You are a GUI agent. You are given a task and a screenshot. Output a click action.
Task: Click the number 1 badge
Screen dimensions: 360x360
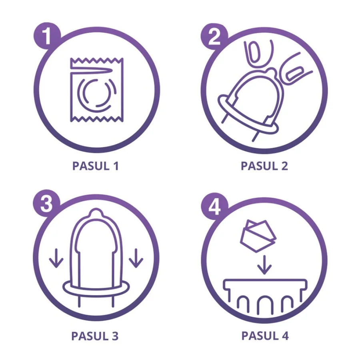[x=47, y=36]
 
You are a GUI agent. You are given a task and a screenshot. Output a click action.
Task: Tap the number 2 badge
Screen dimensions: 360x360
[x=214, y=37]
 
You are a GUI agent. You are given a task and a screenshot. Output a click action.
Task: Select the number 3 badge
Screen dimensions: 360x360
[x=46, y=203]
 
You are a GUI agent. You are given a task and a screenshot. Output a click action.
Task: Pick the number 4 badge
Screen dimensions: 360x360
[x=214, y=206]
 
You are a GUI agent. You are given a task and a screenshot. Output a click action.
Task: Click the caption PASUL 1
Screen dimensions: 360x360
[x=96, y=166]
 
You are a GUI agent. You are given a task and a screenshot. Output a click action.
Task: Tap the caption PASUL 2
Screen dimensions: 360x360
[x=264, y=166]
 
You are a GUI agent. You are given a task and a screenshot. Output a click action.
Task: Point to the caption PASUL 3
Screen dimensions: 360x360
[x=95, y=336]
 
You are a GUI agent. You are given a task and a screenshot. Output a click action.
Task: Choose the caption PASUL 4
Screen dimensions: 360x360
[x=265, y=336]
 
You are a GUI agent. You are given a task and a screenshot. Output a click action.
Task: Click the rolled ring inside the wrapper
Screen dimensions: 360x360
[x=78, y=94]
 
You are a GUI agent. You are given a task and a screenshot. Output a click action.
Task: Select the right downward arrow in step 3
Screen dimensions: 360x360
[x=136, y=258]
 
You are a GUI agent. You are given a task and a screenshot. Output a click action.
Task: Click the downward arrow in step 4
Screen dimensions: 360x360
[x=264, y=265]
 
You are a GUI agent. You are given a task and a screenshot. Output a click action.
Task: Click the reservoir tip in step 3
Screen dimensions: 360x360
[x=96, y=212]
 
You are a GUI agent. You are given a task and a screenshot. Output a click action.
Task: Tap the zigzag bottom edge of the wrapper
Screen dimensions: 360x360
[x=96, y=119]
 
